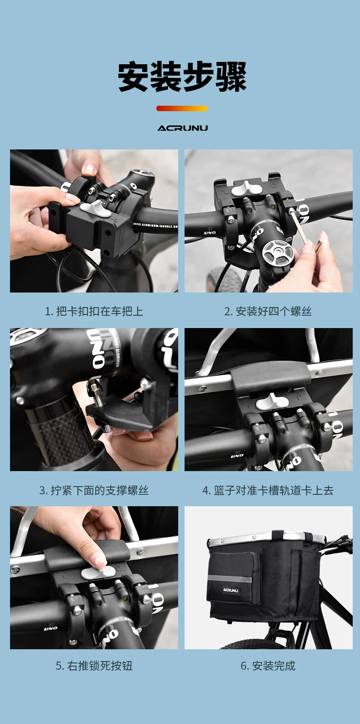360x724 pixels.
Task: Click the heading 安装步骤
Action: (182, 77)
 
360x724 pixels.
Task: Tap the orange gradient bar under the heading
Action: (182, 108)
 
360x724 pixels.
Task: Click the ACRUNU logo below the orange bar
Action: (183, 128)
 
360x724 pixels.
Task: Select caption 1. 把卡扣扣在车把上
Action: (94, 311)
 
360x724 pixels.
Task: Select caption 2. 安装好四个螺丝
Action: (268, 311)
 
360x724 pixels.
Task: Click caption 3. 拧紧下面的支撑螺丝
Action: (94, 490)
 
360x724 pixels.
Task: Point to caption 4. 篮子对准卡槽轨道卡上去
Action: (268, 490)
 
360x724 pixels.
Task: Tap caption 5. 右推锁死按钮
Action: (94, 666)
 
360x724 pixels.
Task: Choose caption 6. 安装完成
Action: (268, 666)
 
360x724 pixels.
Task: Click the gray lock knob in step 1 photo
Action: (95, 207)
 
